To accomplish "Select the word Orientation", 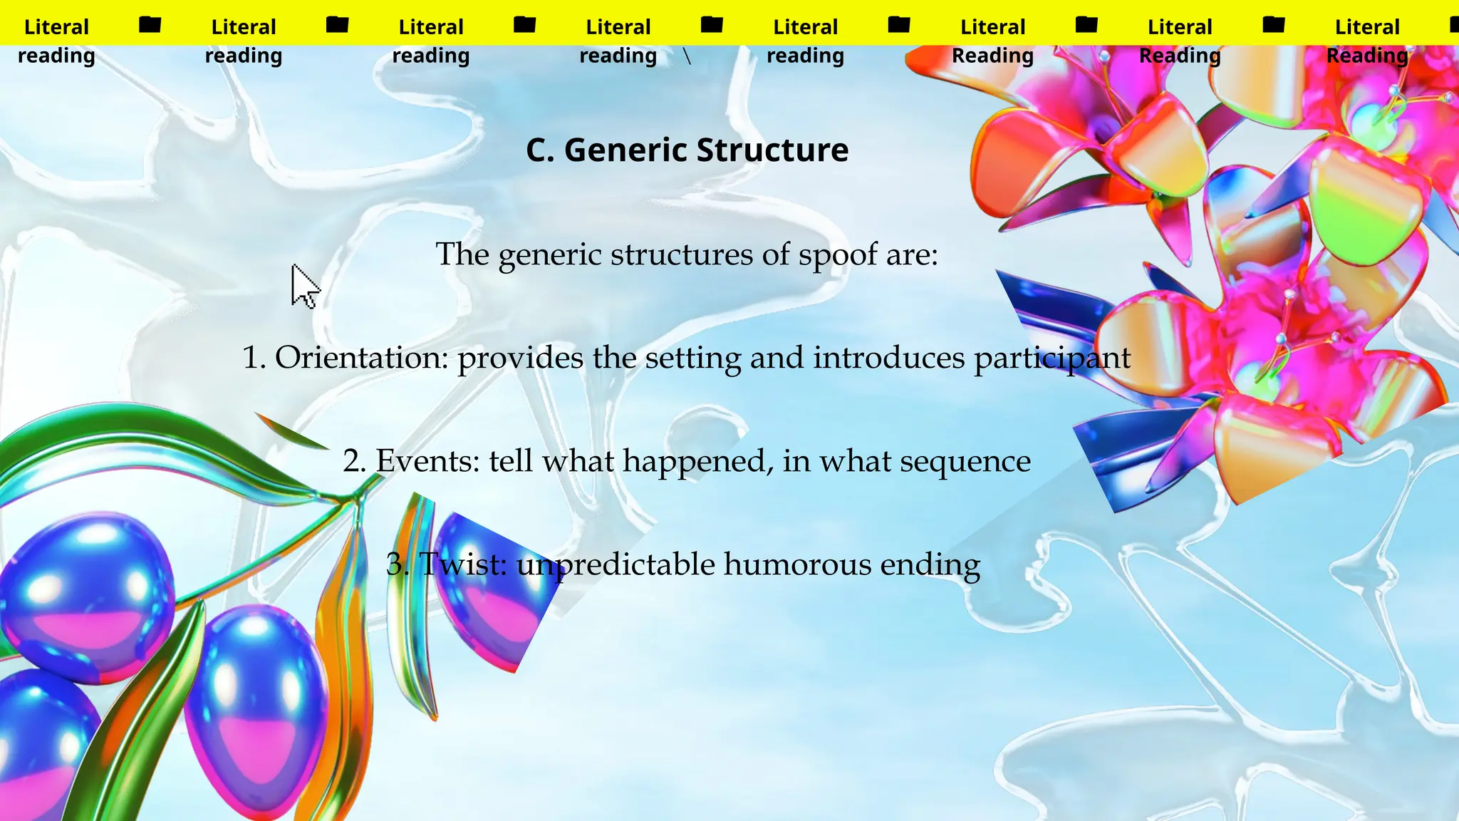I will pyautogui.click(x=361, y=358).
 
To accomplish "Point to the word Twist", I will pyautogui.click(x=462, y=564).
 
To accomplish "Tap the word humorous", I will pyautogui.click(x=797, y=564).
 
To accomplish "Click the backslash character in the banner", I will pyautogui.click(x=687, y=56).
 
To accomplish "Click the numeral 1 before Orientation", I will pyautogui.click(x=251, y=358).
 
